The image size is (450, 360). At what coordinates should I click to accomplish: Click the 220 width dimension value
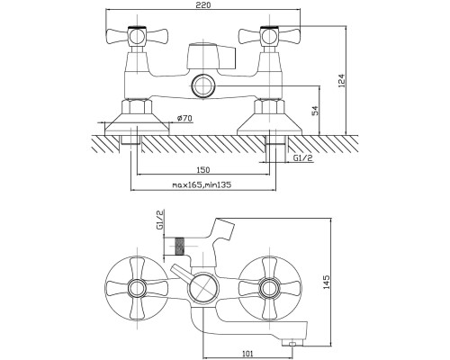tap(202, 5)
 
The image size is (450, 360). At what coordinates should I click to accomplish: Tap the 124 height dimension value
tap(342, 81)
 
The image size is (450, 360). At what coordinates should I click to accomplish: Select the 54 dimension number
tap(315, 111)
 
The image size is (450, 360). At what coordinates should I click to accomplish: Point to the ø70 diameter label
tap(184, 118)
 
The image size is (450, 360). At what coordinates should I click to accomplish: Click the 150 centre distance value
tap(203, 170)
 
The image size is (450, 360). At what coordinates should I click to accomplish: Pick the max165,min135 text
tap(202, 184)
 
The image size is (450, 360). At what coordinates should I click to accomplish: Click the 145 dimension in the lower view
tap(326, 282)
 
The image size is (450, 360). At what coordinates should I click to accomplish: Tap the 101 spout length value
tap(247, 354)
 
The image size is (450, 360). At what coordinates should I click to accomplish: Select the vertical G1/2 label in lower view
tap(161, 220)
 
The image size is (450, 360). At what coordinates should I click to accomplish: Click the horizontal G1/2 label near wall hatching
tap(302, 157)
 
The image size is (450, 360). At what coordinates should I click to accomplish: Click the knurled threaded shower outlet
tap(179, 247)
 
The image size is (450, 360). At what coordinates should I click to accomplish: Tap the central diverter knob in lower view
tap(203, 288)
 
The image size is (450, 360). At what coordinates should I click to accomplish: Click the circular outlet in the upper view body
tap(203, 85)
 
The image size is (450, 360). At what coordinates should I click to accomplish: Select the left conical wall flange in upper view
tap(137, 124)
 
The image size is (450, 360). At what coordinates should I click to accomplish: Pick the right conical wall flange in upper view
tap(269, 124)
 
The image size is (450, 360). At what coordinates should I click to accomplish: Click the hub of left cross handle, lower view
tap(137, 288)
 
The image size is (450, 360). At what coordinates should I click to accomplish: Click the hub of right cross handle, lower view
tap(269, 288)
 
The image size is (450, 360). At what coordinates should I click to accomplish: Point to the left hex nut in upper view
tap(137, 107)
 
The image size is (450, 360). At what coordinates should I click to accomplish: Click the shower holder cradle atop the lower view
tap(222, 228)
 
